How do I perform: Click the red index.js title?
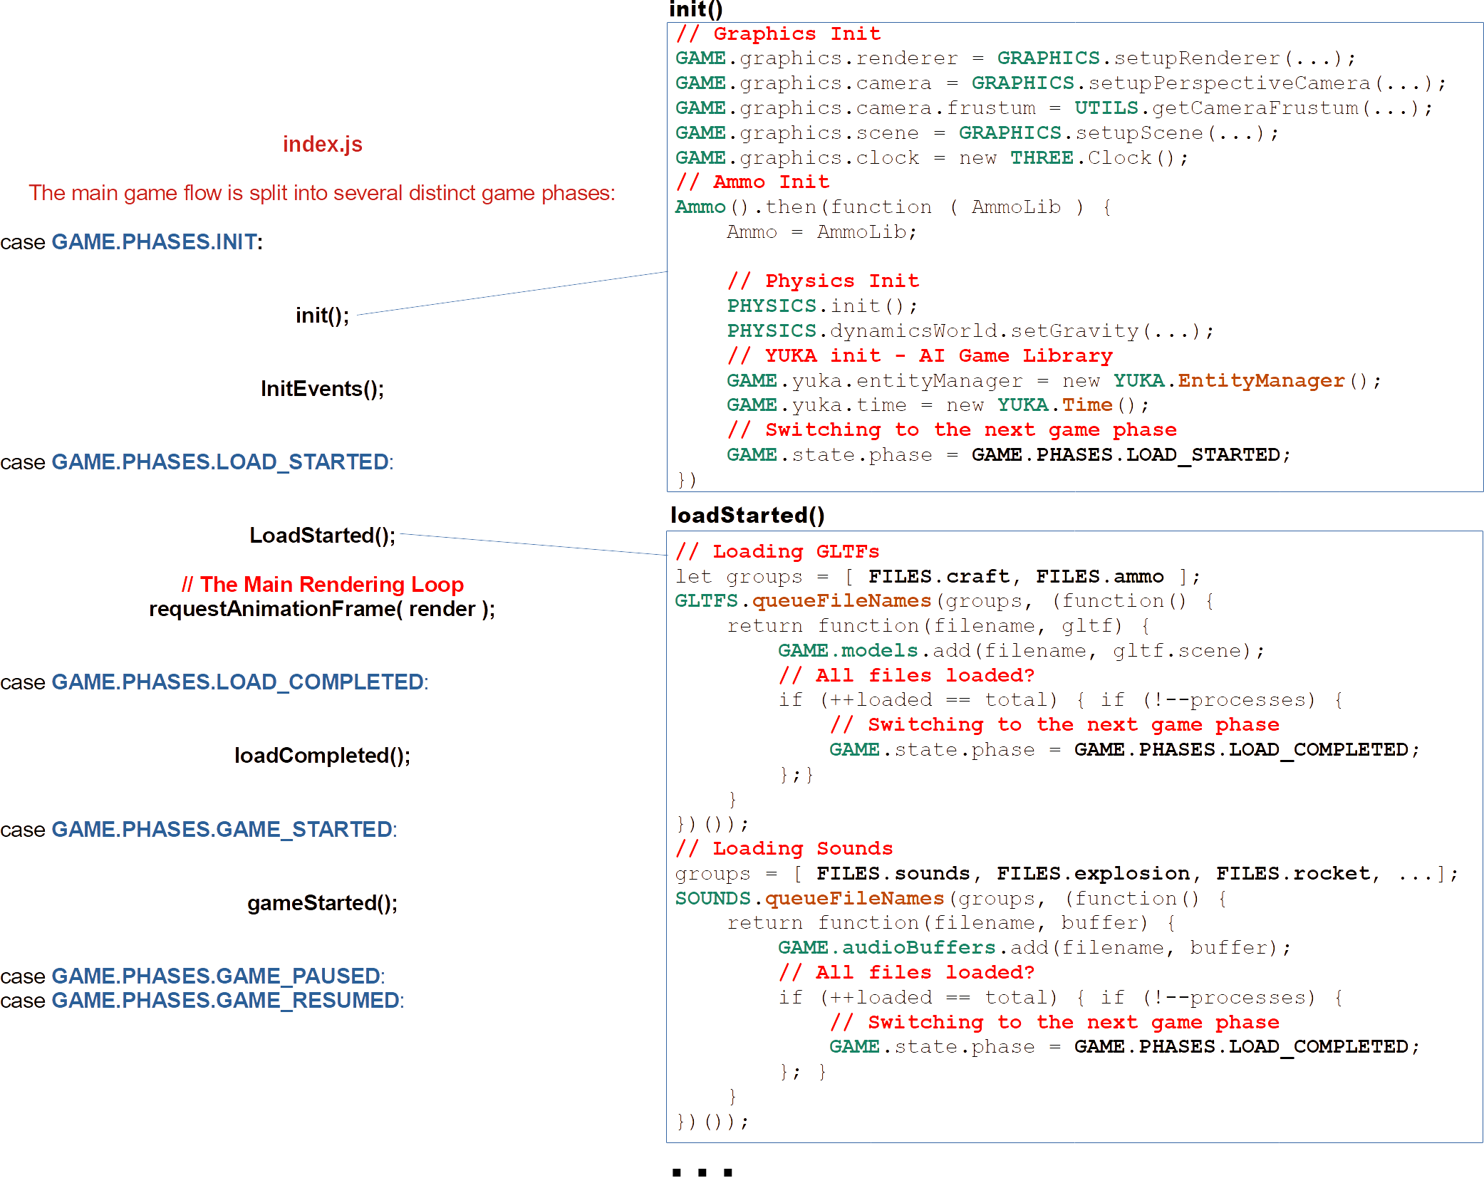(x=323, y=145)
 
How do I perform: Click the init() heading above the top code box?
(x=696, y=9)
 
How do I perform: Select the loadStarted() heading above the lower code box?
(x=747, y=515)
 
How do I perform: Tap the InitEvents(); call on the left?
(x=322, y=389)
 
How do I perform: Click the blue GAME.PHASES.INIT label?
(x=154, y=242)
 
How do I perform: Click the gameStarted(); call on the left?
(x=322, y=903)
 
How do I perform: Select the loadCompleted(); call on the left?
(x=322, y=756)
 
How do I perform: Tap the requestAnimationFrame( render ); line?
(x=322, y=610)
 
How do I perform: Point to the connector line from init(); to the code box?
(x=512, y=293)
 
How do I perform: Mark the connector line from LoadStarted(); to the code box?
(x=533, y=544)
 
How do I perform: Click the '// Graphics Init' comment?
(x=779, y=34)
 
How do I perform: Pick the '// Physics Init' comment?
(x=823, y=281)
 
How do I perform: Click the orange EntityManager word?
(x=1261, y=381)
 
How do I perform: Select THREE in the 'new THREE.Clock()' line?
(x=1042, y=158)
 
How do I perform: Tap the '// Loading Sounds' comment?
(x=784, y=849)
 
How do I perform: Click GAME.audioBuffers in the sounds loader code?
(x=886, y=948)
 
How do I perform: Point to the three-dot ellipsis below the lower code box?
(x=702, y=1172)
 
